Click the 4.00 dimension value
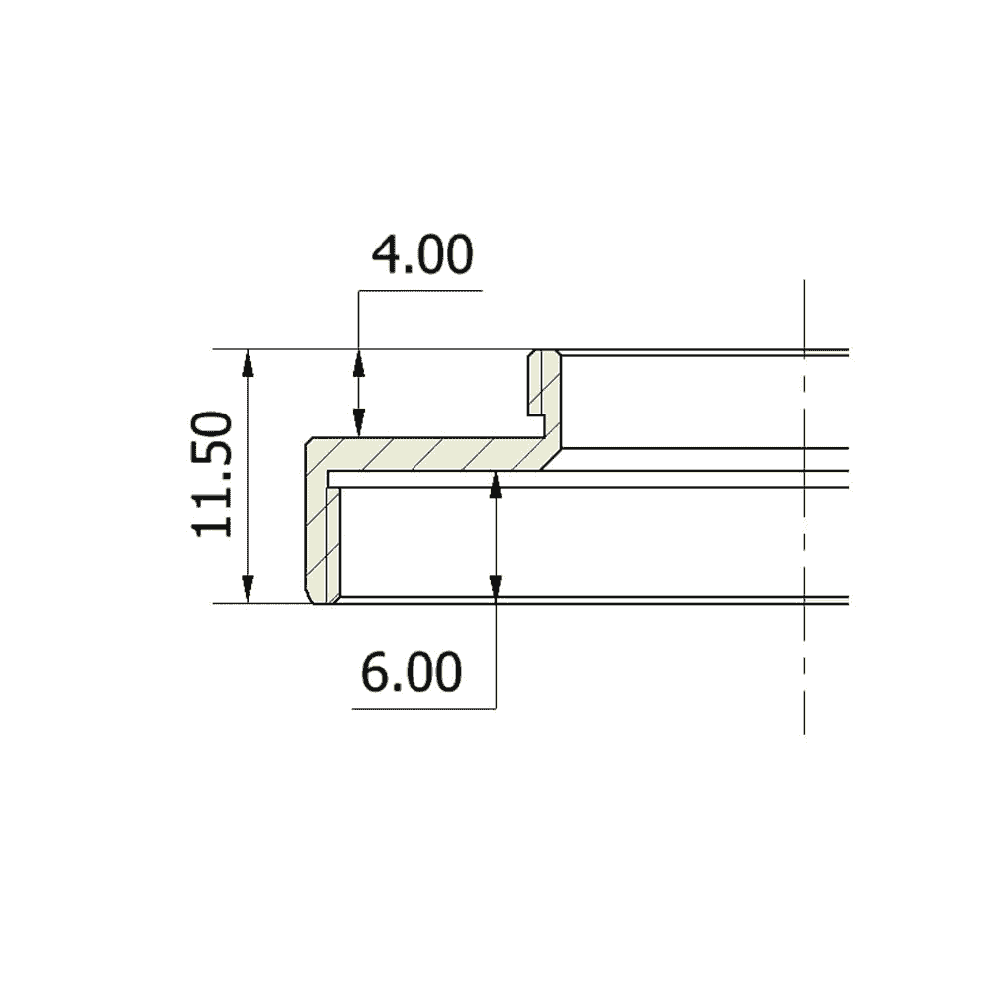point(421,254)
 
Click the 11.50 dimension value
point(212,474)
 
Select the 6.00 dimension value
point(412,672)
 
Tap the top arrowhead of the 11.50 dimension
point(248,363)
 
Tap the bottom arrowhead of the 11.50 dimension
point(248,589)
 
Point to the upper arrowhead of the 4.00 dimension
point(358,363)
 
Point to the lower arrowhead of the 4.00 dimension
point(358,423)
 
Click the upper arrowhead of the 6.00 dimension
point(496,484)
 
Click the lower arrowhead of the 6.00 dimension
point(496,588)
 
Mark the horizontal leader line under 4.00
point(420,291)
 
